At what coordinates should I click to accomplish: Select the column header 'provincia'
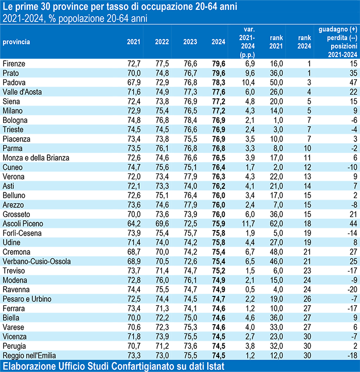coord(16,41)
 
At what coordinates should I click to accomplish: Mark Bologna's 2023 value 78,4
coord(190,120)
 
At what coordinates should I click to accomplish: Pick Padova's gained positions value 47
coord(352,82)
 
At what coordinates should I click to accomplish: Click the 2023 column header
coord(190,41)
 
